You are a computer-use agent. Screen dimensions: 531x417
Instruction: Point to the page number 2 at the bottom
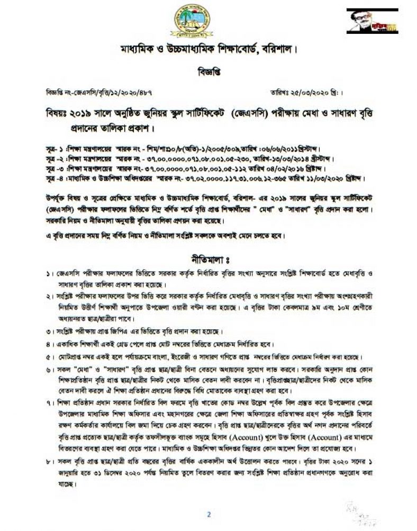point(208,514)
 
